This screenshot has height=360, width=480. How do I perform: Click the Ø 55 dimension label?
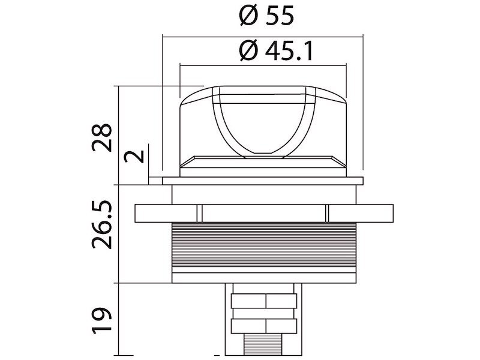[x=266, y=16]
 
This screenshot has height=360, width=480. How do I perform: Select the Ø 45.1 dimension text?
[x=276, y=51]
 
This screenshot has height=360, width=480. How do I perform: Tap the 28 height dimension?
[x=102, y=137]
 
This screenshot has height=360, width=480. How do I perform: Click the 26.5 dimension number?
[x=102, y=224]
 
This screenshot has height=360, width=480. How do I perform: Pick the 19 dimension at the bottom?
[x=102, y=321]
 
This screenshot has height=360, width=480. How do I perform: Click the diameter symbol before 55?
[x=249, y=16]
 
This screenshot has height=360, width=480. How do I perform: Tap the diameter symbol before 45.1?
[x=249, y=51]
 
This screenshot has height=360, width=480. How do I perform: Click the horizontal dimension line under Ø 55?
[x=263, y=37]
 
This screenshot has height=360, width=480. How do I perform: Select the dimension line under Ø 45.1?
[x=263, y=65]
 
